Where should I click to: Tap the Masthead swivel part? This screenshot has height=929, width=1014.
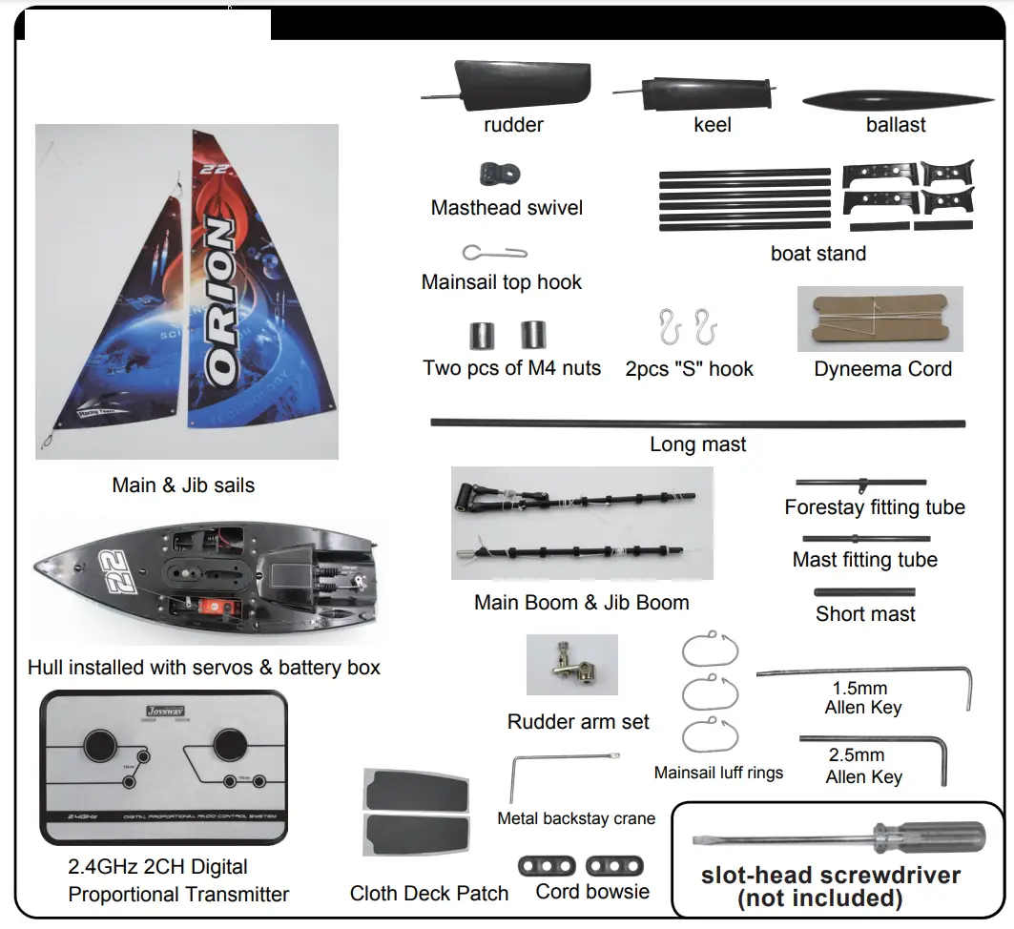(501, 175)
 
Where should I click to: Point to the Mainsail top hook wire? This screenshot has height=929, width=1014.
(495, 253)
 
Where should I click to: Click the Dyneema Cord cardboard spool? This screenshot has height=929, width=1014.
(879, 320)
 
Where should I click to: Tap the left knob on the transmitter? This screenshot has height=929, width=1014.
(99, 746)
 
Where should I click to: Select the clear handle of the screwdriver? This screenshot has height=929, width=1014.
(944, 840)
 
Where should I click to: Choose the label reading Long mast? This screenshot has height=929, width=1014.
(698, 444)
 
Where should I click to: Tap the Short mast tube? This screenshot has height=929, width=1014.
(864, 592)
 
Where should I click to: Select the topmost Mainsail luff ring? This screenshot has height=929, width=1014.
(711, 650)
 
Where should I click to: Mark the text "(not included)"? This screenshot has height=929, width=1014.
(820, 898)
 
